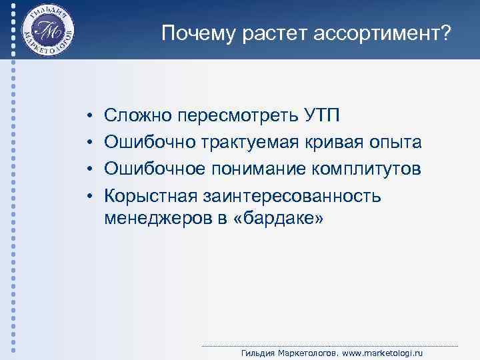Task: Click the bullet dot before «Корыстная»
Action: [89, 195]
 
